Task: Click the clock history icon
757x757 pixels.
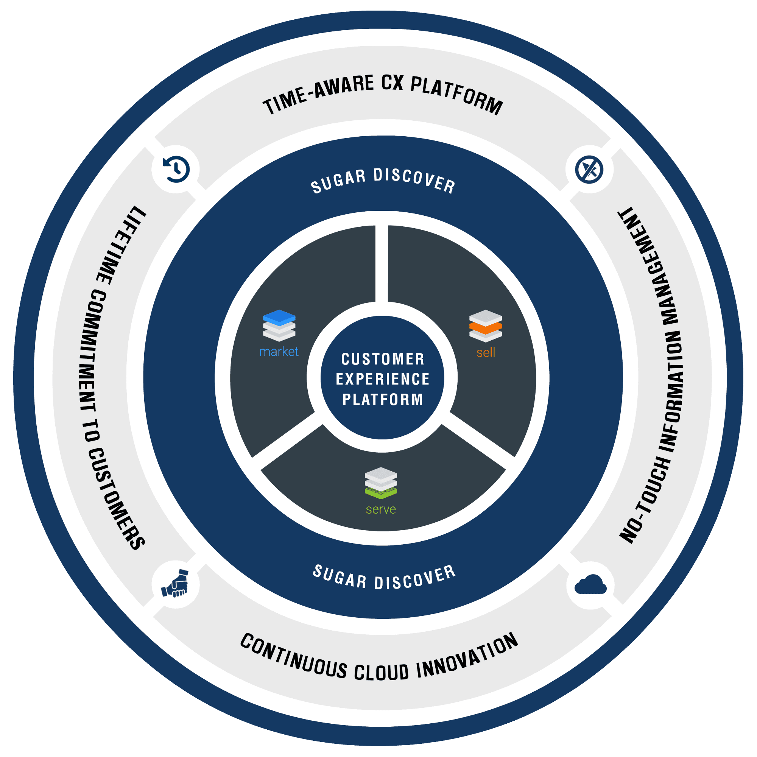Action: click(176, 169)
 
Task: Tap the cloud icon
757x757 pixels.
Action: click(590, 585)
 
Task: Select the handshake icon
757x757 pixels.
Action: click(175, 584)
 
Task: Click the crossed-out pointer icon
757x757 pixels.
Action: click(589, 170)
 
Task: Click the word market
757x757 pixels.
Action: click(279, 352)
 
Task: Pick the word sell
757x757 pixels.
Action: click(486, 353)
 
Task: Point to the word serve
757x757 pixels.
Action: click(380, 509)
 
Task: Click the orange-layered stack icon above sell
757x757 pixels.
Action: click(486, 326)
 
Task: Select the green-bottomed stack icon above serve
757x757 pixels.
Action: click(380, 483)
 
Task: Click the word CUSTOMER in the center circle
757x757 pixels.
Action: click(383, 359)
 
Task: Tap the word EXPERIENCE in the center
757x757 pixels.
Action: click(383, 379)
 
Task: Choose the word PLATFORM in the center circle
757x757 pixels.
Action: click(383, 399)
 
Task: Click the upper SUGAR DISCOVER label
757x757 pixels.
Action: click(383, 181)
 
